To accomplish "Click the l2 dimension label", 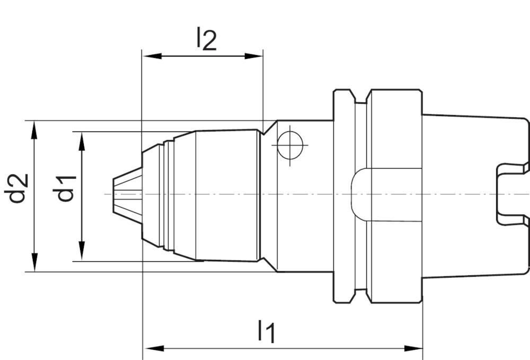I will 206,39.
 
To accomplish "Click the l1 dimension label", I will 266,331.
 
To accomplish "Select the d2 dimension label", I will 18,188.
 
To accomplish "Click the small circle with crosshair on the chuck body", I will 289,144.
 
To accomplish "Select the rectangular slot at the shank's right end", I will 511,194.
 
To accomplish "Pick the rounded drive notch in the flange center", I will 360,194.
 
